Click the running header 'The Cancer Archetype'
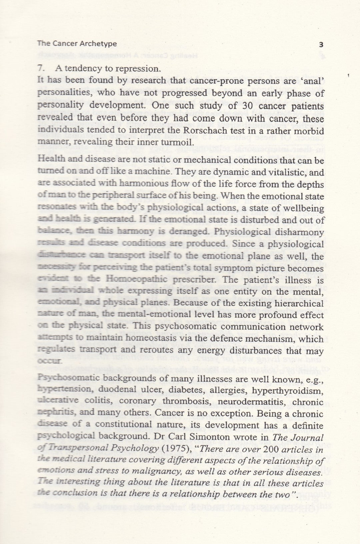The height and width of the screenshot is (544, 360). click(x=77, y=43)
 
